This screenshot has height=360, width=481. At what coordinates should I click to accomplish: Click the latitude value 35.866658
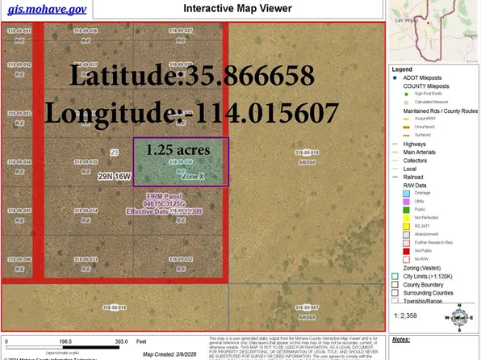point(251,77)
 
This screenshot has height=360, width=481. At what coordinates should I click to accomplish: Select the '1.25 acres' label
point(178,150)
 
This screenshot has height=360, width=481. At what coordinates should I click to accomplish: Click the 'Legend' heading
point(402,69)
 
